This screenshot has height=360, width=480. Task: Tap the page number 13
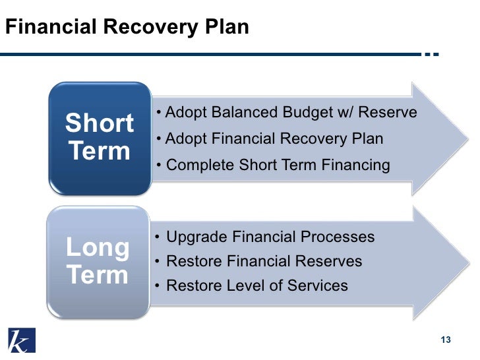click(x=445, y=340)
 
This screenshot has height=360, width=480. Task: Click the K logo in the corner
click(x=22, y=340)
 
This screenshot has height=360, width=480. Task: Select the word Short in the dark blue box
click(x=99, y=123)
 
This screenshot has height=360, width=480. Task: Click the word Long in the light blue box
click(x=98, y=247)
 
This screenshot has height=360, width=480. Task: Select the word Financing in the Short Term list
click(x=355, y=165)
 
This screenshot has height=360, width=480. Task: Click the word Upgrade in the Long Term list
click(x=196, y=237)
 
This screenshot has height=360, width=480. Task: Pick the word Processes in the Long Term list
click(x=338, y=237)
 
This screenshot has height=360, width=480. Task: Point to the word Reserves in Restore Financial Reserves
click(x=328, y=261)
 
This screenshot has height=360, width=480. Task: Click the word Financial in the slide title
click(x=49, y=28)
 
